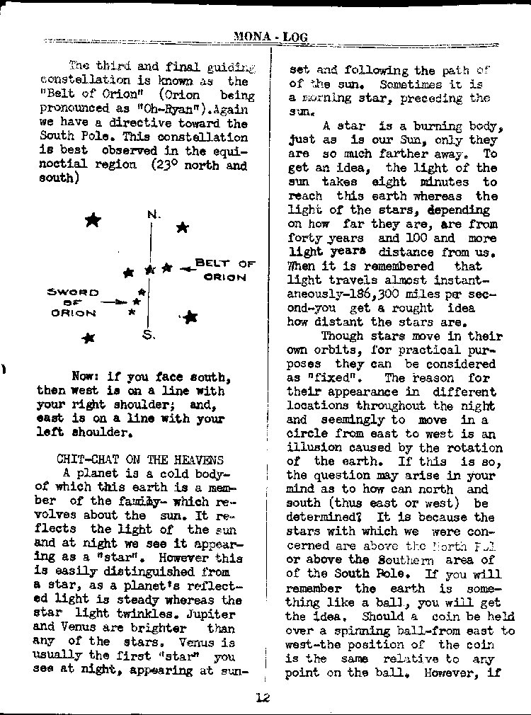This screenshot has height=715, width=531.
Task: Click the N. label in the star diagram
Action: point(154,214)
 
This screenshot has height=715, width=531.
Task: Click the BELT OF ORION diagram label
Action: point(224,270)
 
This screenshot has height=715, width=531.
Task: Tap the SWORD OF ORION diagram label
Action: point(73,302)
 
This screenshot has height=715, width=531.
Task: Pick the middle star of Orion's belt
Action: point(149,270)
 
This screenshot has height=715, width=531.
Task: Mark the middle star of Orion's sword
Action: point(137,302)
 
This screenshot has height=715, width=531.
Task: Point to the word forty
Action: point(304,239)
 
